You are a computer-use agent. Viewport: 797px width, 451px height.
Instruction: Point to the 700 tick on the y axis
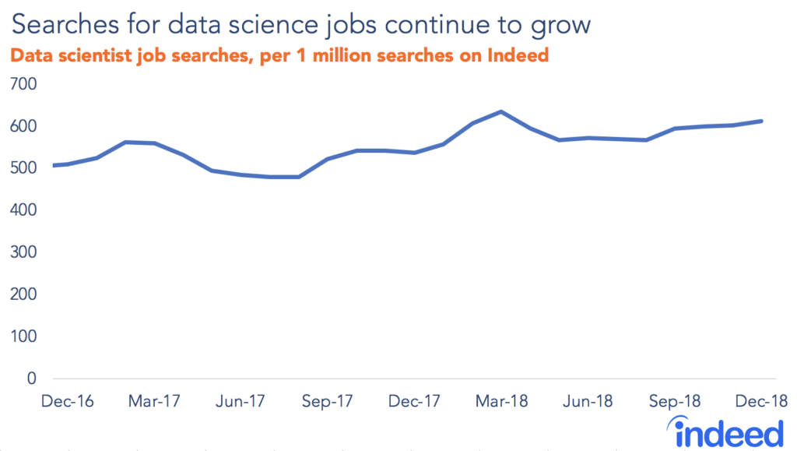[23, 83]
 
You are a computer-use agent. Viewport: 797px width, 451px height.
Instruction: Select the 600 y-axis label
[23, 126]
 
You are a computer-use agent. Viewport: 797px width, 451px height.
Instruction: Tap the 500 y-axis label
[23, 168]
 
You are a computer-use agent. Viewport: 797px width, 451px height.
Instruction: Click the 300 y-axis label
[23, 252]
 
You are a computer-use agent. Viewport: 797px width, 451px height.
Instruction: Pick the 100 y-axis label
[23, 336]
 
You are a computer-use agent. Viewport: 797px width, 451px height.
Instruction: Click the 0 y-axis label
[32, 379]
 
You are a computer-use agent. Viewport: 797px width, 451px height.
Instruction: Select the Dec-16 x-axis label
[68, 401]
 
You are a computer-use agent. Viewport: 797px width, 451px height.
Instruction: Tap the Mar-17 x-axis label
[155, 401]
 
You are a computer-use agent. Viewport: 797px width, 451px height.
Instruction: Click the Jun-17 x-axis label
[241, 401]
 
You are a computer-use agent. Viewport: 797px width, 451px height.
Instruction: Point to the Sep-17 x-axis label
[328, 401]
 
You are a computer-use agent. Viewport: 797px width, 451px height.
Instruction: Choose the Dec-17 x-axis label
[415, 401]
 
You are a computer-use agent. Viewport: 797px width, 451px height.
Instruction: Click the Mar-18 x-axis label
[502, 401]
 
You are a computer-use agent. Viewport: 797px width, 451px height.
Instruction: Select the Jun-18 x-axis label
[588, 401]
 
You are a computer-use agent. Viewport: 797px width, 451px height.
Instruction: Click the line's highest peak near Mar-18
[500, 111]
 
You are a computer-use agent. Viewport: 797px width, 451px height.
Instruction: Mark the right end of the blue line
[761, 121]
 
